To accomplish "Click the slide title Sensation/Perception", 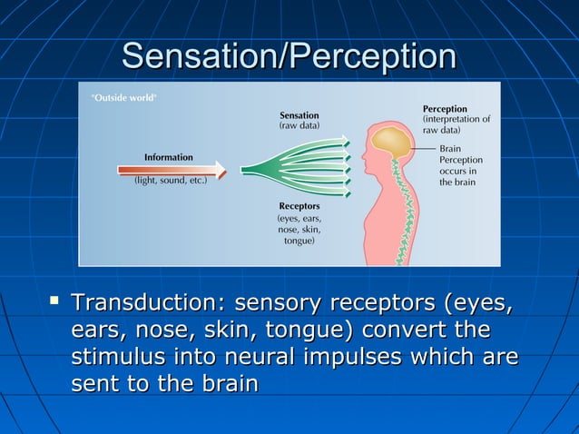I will [289, 55].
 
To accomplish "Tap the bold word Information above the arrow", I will [168, 157].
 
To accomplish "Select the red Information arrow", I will [172, 170].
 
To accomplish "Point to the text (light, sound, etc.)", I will [171, 181].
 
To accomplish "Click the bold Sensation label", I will [299, 115].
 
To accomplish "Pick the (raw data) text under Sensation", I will [299, 127].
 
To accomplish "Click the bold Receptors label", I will [299, 206].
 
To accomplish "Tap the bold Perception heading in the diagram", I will [445, 109].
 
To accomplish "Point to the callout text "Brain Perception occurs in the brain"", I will [461, 165].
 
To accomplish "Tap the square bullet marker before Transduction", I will [56, 299].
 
